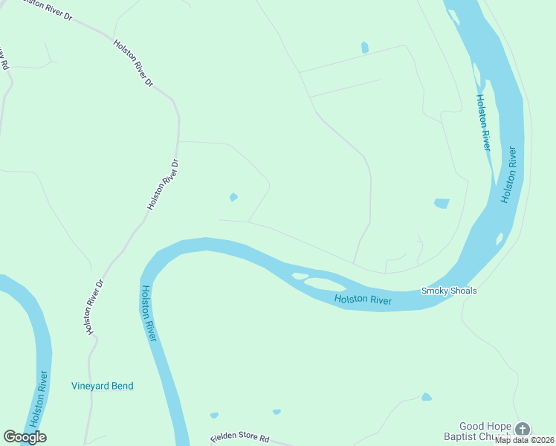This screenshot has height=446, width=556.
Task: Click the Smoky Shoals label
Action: (x=449, y=291)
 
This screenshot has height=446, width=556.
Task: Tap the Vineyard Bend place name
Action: (x=103, y=386)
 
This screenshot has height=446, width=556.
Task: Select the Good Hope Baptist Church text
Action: (x=486, y=432)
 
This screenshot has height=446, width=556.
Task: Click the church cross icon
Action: (x=523, y=429)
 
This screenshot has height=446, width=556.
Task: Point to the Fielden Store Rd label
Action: (x=239, y=439)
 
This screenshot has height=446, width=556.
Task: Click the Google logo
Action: (x=25, y=437)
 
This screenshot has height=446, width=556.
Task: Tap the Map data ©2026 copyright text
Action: (x=524, y=440)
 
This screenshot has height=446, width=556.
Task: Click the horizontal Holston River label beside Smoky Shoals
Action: (x=363, y=300)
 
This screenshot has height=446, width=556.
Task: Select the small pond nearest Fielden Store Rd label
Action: (x=214, y=415)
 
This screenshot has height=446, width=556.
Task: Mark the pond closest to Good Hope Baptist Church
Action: (x=426, y=397)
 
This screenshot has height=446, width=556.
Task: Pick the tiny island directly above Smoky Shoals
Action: (x=500, y=239)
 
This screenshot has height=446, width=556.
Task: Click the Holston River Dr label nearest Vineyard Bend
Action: (x=93, y=306)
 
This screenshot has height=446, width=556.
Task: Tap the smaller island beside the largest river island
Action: (x=300, y=277)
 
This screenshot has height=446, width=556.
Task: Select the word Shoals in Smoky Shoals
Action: (x=462, y=291)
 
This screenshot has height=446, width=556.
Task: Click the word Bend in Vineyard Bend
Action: (x=122, y=386)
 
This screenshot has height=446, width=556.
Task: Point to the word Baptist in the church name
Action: (x=475, y=437)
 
